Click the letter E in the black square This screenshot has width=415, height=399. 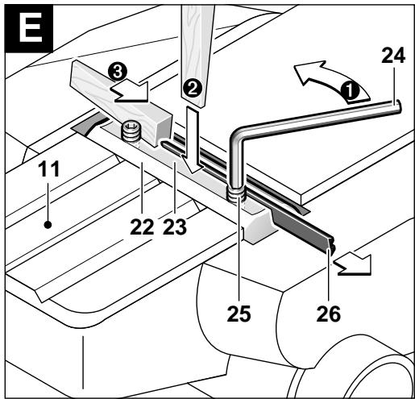(x=31, y=27)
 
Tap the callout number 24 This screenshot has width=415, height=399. (x=393, y=56)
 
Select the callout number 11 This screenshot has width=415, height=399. (x=48, y=169)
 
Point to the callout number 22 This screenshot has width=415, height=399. (x=142, y=227)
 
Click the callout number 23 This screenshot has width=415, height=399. (x=175, y=227)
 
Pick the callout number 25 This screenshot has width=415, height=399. (x=239, y=314)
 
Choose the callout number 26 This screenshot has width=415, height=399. (x=329, y=314)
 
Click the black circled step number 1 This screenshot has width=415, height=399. (x=350, y=91)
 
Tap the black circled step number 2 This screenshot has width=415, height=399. (x=192, y=89)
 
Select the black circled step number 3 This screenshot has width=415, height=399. (x=117, y=73)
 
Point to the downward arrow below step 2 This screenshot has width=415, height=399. (x=193, y=139)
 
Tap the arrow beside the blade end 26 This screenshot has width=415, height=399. (x=352, y=265)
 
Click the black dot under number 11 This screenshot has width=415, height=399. (x=48, y=225)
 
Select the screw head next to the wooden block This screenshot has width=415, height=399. (x=131, y=131)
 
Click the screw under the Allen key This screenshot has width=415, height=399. (x=235, y=194)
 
